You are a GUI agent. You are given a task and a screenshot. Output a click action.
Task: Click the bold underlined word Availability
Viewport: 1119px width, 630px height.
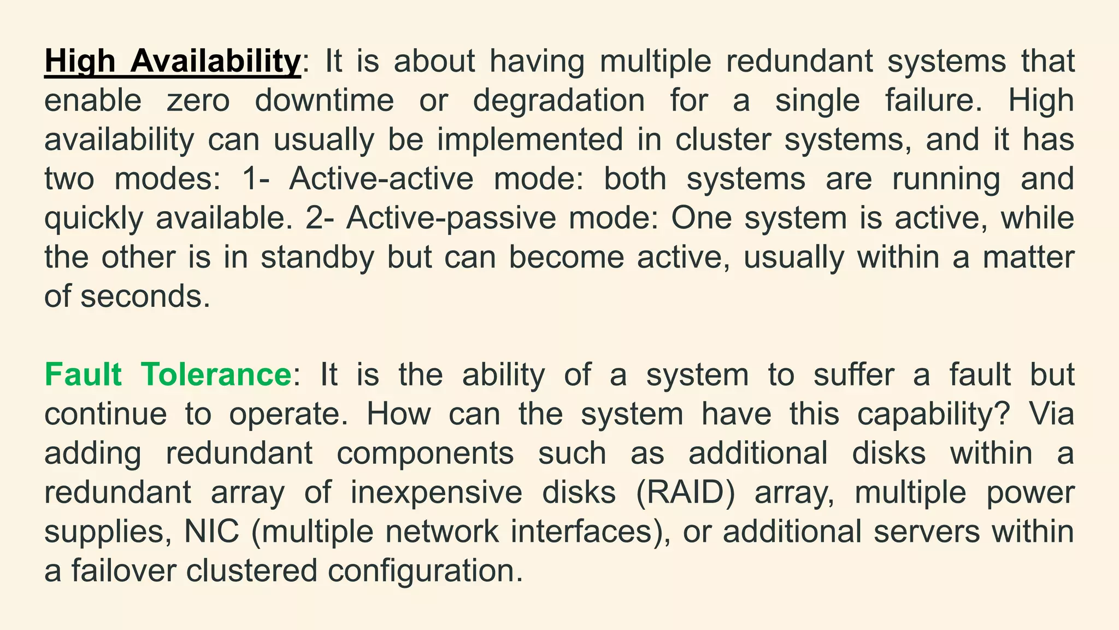(x=215, y=61)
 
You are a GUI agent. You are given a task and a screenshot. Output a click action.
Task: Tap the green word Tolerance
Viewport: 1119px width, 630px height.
(x=216, y=375)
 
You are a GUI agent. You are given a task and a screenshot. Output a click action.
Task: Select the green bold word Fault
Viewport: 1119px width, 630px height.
(x=83, y=375)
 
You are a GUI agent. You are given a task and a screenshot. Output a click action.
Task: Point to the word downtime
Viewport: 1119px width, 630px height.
(x=325, y=101)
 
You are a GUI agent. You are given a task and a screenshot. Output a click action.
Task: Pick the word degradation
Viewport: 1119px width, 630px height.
(x=558, y=101)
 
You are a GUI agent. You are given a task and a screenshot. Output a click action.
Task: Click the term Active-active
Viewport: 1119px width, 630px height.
(x=381, y=179)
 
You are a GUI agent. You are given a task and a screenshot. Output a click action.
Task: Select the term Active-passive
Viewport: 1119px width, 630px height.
(x=451, y=218)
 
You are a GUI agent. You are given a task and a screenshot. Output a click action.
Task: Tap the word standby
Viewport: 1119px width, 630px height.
(x=317, y=258)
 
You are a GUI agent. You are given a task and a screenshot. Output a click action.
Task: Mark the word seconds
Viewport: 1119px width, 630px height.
(x=145, y=297)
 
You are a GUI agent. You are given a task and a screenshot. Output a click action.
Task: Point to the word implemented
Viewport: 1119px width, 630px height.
(x=529, y=140)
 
